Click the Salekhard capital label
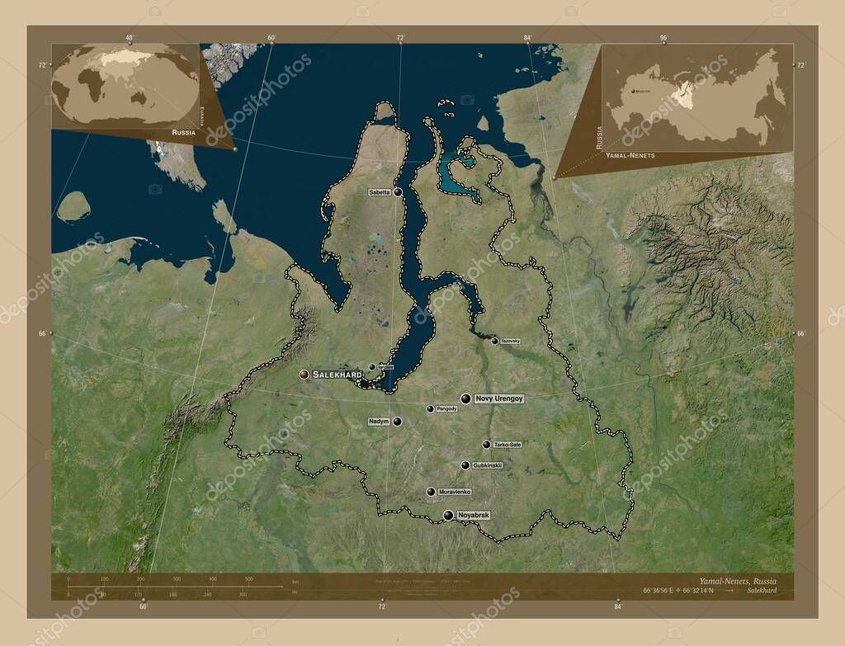pyautogui.click(x=337, y=375)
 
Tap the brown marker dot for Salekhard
pyautogui.click(x=304, y=375)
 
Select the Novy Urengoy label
pyautogui.click(x=499, y=398)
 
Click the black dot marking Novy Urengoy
pyautogui.click(x=466, y=398)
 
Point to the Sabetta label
pyautogui.click(x=380, y=192)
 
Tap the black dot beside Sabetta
pyautogui.click(x=398, y=191)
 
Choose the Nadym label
pyautogui.click(x=378, y=422)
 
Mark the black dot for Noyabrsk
pyautogui.click(x=448, y=516)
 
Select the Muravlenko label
pyautogui.click(x=454, y=492)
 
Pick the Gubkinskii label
pyautogui.click(x=488, y=465)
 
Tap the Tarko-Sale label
pyautogui.click(x=507, y=445)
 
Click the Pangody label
pyautogui.click(x=446, y=408)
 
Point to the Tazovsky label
pyautogui.click(x=510, y=341)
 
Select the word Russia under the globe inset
pyautogui.click(x=183, y=132)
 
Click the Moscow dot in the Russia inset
pyautogui.click(x=628, y=92)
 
